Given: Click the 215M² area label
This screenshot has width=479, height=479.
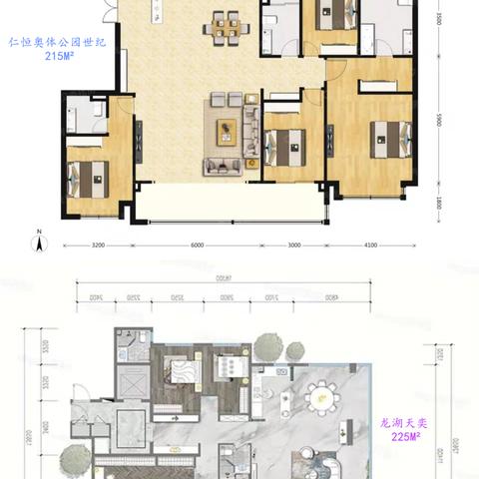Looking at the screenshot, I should [48, 58].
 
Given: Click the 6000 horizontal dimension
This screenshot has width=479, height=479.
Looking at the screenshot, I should [197, 244].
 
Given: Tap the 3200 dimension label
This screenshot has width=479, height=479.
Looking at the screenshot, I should [97, 244].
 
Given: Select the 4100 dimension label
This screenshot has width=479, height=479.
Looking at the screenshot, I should [372, 244].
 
